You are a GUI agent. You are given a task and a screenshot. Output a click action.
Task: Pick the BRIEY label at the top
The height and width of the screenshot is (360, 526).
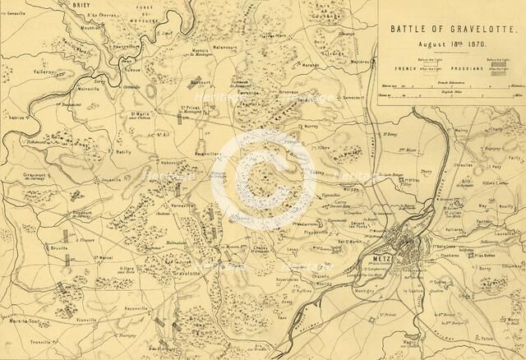pyautogui.click(x=81, y=5)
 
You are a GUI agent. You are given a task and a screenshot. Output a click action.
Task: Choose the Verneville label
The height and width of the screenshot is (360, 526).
pyautogui.click(x=182, y=205)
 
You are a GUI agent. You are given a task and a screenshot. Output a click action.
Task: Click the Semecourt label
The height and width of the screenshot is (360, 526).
pyautogui.click(x=353, y=97)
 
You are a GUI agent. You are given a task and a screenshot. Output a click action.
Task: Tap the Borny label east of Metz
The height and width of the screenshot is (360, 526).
pyautogui.click(x=506, y=290)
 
